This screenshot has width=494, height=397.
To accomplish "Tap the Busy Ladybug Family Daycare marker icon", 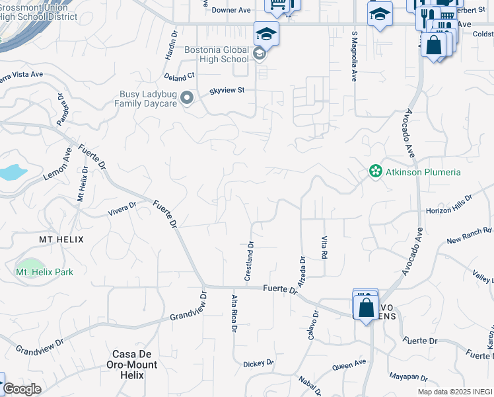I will (187, 99).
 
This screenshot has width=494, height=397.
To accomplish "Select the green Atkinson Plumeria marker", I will (376, 172).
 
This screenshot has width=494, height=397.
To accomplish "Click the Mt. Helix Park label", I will (44, 272).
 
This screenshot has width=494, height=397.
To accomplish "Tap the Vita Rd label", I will (324, 247).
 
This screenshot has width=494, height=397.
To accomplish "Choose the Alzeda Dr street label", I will (302, 271).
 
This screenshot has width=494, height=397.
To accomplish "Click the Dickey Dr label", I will (258, 363).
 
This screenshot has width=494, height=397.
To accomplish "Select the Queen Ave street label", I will (349, 364).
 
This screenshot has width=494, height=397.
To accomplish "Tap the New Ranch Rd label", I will (470, 235).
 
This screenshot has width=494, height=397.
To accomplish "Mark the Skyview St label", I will (227, 91).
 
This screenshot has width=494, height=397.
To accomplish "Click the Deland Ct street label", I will (180, 77).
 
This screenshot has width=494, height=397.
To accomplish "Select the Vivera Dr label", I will (122, 210).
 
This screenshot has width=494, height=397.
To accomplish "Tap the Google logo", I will (22, 389).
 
